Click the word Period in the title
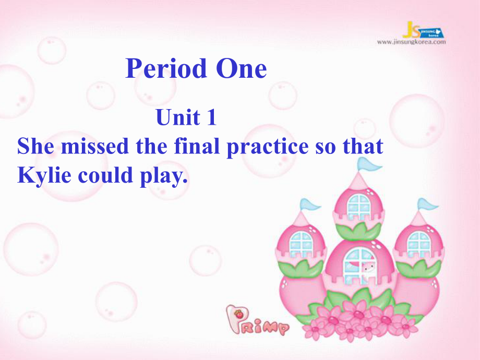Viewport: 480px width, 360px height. click(x=166, y=68)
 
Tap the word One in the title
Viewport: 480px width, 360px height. click(x=241, y=68)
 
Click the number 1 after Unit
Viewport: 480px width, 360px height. click(x=211, y=117)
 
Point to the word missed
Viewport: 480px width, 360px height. click(x=94, y=146)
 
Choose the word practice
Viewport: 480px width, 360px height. click(x=268, y=147)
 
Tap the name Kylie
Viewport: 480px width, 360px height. click(x=44, y=175)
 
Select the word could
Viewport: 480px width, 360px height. click(x=105, y=175)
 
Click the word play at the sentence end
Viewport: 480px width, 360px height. click(x=164, y=176)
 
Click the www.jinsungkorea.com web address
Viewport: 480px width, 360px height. click(x=412, y=42)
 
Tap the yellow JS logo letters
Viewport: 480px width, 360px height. click(x=411, y=30)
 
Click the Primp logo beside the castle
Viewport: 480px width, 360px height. click(x=257, y=320)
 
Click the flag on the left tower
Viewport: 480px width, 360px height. click(x=310, y=205)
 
